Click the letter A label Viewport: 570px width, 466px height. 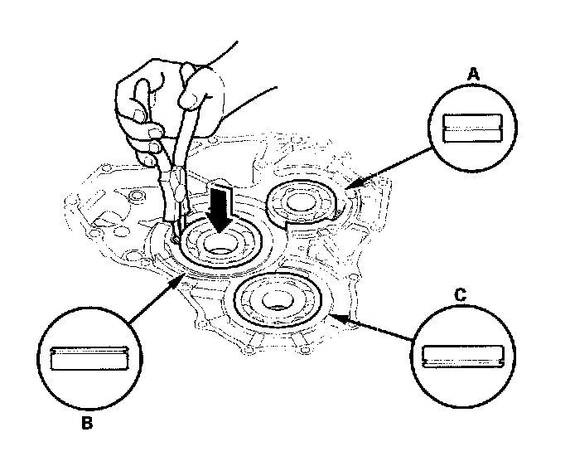tap(474, 75)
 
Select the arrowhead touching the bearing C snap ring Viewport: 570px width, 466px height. tap(333, 315)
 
